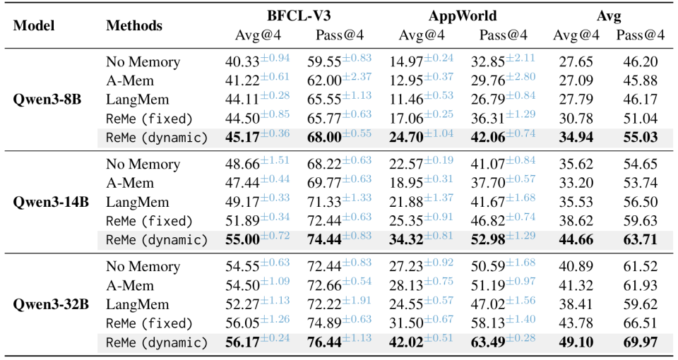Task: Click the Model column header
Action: tap(34, 25)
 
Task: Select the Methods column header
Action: tap(134, 25)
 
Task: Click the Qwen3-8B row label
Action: tap(47, 99)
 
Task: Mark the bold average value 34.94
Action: tap(571, 137)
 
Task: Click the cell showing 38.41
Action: tap(571, 305)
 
